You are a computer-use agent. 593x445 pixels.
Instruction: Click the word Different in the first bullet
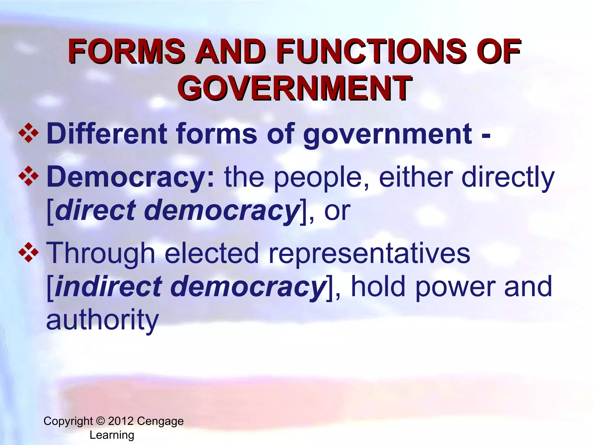[107, 134]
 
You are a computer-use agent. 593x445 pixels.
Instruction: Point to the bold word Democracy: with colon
[131, 177]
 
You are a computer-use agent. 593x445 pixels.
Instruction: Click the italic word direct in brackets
[95, 210]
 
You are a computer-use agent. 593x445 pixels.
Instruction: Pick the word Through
[100, 254]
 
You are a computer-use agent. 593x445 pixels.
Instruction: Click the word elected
[212, 253]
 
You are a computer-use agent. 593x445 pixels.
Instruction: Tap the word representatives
[369, 253]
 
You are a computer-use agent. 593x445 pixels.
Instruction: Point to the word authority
[103, 320]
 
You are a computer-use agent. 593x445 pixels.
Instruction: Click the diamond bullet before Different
[28, 134]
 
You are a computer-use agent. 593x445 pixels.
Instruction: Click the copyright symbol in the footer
[100, 421]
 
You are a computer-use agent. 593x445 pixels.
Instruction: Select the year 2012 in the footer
[121, 421]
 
